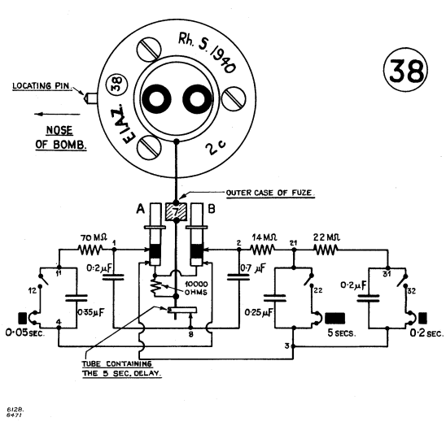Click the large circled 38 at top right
click(405, 70)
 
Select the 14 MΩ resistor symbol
click(263, 250)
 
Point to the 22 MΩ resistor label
click(326, 237)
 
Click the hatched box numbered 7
click(176, 211)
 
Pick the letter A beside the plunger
click(141, 209)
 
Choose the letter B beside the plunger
click(212, 209)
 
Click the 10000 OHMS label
click(196, 288)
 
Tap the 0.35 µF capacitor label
click(90, 312)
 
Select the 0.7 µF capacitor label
click(253, 268)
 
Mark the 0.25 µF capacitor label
click(259, 312)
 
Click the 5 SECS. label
click(342, 333)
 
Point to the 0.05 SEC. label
click(25, 333)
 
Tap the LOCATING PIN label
click(42, 86)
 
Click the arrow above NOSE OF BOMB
click(57, 115)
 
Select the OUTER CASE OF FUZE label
click(270, 193)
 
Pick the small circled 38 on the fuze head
click(116, 85)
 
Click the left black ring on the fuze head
click(155, 99)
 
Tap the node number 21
click(293, 243)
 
